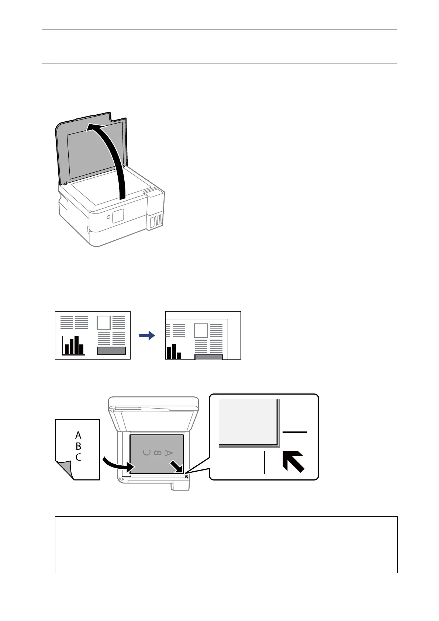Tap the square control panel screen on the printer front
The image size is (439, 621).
pos(118,216)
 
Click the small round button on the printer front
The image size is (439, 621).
pos(108,218)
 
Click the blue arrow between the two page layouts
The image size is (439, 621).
pos(147,336)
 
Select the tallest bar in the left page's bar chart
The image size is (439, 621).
pos(77,345)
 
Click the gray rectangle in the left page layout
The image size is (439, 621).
pos(111,351)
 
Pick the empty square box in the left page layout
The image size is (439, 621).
pos(104,323)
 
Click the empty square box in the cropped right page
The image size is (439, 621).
pos(201,330)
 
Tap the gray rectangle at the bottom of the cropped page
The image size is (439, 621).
pos(209,357)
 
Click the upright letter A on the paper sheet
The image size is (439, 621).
pos(78,436)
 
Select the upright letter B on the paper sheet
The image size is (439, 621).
pos(78,447)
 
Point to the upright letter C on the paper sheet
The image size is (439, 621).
pos(78,458)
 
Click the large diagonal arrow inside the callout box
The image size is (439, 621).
pos(293,461)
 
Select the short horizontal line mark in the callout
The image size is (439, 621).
pos(294,432)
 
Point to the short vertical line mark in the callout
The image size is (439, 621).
pos(265,462)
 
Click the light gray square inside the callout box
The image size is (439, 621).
pos(248,422)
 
